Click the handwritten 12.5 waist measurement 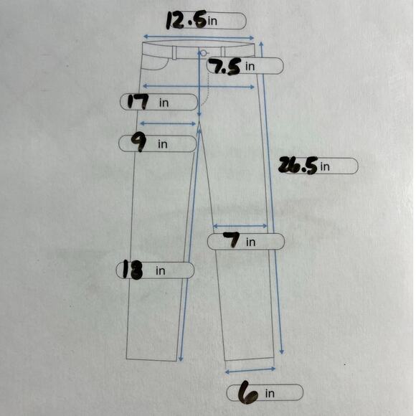186,21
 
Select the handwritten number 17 138,102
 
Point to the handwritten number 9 139,143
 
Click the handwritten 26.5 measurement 298,165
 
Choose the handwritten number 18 133,270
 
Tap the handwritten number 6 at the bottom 247,393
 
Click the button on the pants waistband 203,53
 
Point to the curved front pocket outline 161,68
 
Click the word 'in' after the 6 270,394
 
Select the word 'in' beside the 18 160,270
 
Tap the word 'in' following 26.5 325,166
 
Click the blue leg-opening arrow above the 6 250,370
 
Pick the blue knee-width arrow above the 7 240,226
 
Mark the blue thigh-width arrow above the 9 168,123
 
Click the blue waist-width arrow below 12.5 199,37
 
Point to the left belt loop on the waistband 174,53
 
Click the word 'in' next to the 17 164,103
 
